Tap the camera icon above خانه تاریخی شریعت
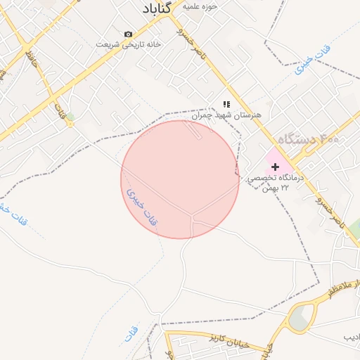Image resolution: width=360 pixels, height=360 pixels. tap(128, 34)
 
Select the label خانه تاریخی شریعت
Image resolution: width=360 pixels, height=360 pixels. tap(129, 44)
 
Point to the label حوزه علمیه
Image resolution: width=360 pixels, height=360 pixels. tap(200, 6)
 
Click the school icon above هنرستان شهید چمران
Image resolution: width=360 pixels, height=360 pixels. tap(226, 104)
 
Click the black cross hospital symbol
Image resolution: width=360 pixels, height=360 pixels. tap(275, 167)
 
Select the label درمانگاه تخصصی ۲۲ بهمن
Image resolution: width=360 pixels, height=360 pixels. tap(275, 183)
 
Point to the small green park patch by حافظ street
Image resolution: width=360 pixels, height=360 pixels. tap(70, 116)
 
